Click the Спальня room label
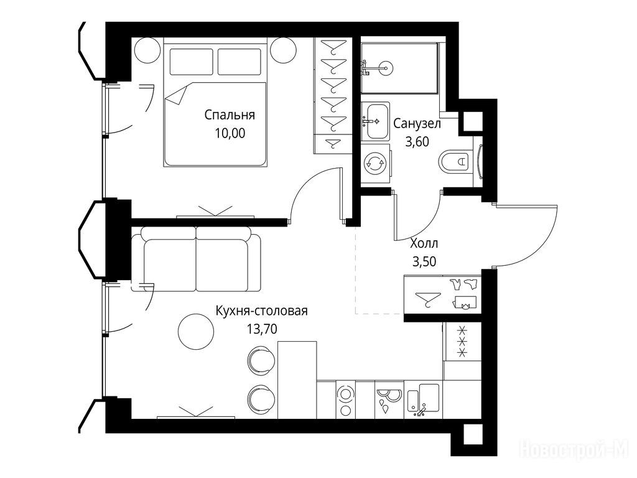[230, 115]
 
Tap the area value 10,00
[230, 133]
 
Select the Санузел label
[417, 124]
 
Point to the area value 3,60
[417, 142]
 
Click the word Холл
[424, 243]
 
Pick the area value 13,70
[262, 329]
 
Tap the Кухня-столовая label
[262, 311]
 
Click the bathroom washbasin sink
[375, 121]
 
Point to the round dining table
[196, 331]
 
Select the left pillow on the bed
[192, 62]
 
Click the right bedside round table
[284, 50]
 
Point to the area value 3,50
[424, 261]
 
